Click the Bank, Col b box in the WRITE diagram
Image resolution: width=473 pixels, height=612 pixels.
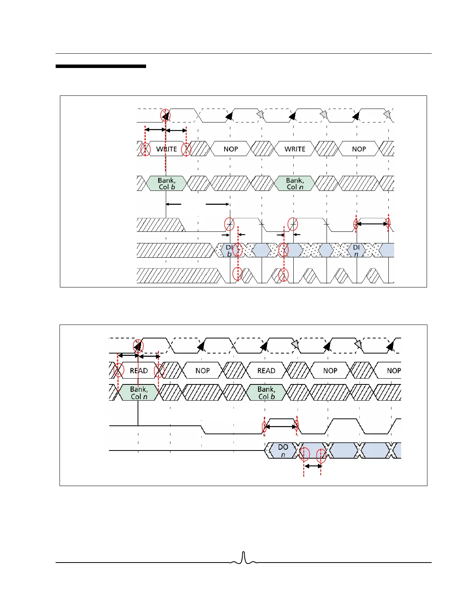(x=167, y=184)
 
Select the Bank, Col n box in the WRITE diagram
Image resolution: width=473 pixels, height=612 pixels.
(x=295, y=184)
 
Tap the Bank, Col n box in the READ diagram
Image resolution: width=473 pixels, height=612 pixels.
(x=139, y=393)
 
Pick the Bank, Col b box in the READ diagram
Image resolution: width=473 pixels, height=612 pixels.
(x=267, y=393)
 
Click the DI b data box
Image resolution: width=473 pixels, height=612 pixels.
(x=229, y=250)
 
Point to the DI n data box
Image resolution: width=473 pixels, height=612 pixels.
(x=356, y=250)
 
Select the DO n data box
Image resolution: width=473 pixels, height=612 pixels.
(x=283, y=450)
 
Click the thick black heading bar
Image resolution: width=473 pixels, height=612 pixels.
(x=101, y=66)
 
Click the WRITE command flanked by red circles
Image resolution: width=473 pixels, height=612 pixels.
(x=166, y=149)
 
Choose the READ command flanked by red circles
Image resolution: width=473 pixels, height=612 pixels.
(x=139, y=371)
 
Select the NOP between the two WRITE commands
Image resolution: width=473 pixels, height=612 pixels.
(x=231, y=149)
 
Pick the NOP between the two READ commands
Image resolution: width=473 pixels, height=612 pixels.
(x=202, y=371)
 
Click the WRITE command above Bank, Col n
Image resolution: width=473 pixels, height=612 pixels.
(x=295, y=149)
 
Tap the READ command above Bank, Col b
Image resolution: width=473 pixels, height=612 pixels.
(x=266, y=371)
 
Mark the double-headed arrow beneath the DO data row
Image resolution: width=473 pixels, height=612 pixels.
(x=313, y=466)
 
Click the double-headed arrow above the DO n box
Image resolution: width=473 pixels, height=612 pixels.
(x=281, y=427)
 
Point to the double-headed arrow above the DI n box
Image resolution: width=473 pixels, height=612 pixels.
(x=372, y=224)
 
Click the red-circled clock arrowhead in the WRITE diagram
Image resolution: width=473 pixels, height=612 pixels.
(x=165, y=116)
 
